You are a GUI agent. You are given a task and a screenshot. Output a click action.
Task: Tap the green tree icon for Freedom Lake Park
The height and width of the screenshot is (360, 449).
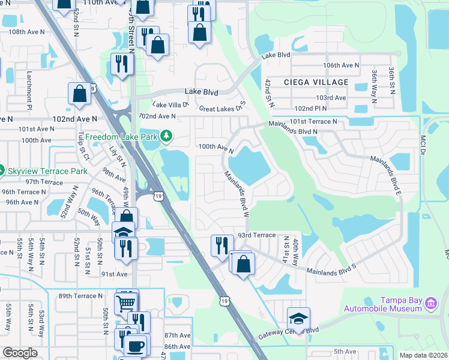click(170, 137)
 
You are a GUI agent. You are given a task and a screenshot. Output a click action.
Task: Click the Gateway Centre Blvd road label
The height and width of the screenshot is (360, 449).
click(289, 331)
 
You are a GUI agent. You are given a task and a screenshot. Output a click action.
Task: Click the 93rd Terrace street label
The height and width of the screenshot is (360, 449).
click(256, 236)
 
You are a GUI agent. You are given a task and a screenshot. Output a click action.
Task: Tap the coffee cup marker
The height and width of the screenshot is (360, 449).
click(135, 346)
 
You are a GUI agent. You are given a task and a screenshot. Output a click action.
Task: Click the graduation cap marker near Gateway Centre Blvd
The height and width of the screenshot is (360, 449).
click(298, 318)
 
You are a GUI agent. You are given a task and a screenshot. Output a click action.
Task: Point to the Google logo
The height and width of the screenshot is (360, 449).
click(20, 353)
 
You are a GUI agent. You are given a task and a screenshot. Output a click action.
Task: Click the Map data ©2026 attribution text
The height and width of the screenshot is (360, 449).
click(423, 355)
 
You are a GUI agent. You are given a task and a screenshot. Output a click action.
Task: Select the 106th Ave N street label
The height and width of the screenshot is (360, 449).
click(340, 65)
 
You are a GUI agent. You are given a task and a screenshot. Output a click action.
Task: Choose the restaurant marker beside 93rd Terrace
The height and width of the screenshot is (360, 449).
click(221, 244)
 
